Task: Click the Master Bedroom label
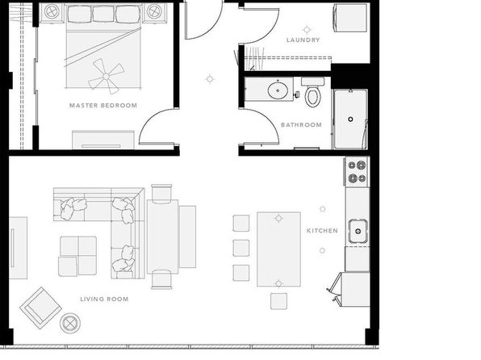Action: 103,106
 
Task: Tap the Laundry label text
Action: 303,40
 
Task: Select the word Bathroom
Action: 301,125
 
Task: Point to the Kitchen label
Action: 322,231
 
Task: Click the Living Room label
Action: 104,299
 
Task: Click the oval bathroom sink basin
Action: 278,90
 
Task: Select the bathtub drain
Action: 350,119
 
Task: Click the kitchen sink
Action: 358,231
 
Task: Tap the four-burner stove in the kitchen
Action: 357,172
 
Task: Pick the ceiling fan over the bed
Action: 106,76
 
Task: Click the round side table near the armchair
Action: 70,323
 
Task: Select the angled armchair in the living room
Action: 41,308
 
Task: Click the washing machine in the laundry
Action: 350,18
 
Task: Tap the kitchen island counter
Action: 278,249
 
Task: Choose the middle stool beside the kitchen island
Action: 241,248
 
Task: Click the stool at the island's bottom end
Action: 279,301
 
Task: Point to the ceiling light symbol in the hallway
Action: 210,79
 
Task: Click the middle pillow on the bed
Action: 103,14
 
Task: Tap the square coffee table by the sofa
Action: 77,256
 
